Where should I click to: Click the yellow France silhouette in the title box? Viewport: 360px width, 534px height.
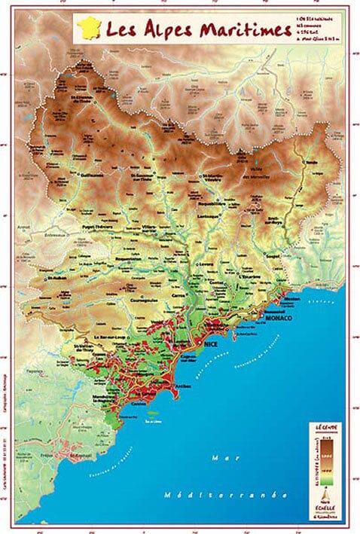(90, 31)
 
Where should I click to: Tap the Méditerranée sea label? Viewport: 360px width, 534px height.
(219, 495)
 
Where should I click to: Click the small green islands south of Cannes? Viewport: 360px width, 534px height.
(154, 413)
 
